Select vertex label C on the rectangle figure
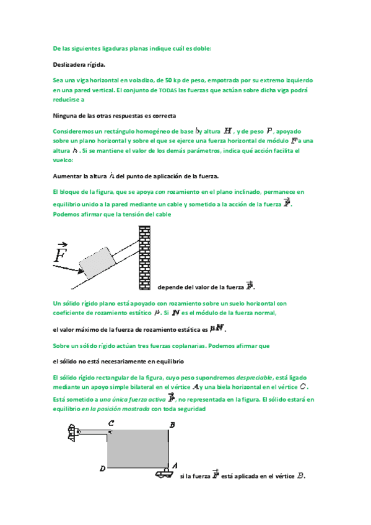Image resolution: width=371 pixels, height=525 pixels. [x=110, y=423]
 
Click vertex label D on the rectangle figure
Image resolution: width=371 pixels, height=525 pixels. [x=102, y=469]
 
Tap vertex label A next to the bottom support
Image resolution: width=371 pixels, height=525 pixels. [x=176, y=465]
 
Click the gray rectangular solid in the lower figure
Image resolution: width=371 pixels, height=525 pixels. [x=137, y=449]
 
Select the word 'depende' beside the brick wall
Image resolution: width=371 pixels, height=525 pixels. [x=171, y=287]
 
